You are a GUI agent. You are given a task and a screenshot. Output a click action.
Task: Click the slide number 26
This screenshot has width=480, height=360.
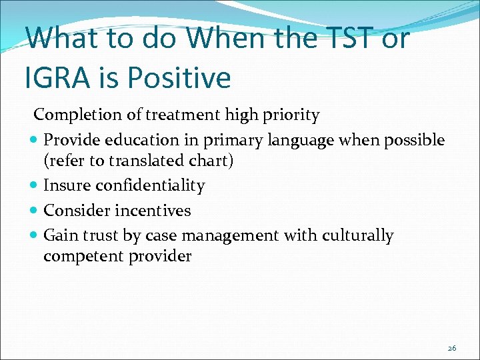451,348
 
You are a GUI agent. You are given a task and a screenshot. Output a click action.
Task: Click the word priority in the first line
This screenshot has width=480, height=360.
291,115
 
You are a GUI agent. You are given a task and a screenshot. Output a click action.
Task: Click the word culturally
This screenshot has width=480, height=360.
357,235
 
